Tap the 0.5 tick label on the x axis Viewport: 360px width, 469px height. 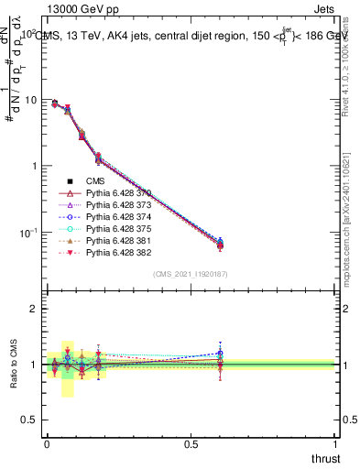[191, 443]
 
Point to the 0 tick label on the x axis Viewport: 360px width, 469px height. [47, 443]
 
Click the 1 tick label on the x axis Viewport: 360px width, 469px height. [335, 443]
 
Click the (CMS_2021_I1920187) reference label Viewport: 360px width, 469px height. [191, 274]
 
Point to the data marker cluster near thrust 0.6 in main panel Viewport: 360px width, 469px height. [220, 245]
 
